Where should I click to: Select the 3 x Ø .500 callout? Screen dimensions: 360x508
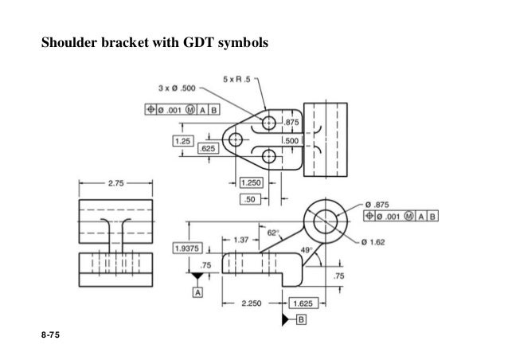tap(178, 88)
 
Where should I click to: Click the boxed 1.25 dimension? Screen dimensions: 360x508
tap(184, 140)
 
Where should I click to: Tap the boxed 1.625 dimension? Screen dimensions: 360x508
tap(303, 303)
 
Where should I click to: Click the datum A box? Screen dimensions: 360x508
tap(197, 292)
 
